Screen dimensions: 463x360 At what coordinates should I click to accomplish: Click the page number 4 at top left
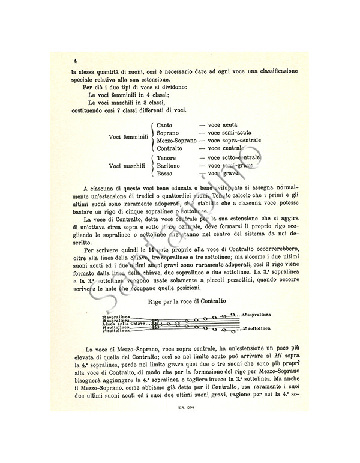(75, 61)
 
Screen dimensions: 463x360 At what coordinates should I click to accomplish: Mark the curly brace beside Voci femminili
(152, 136)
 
